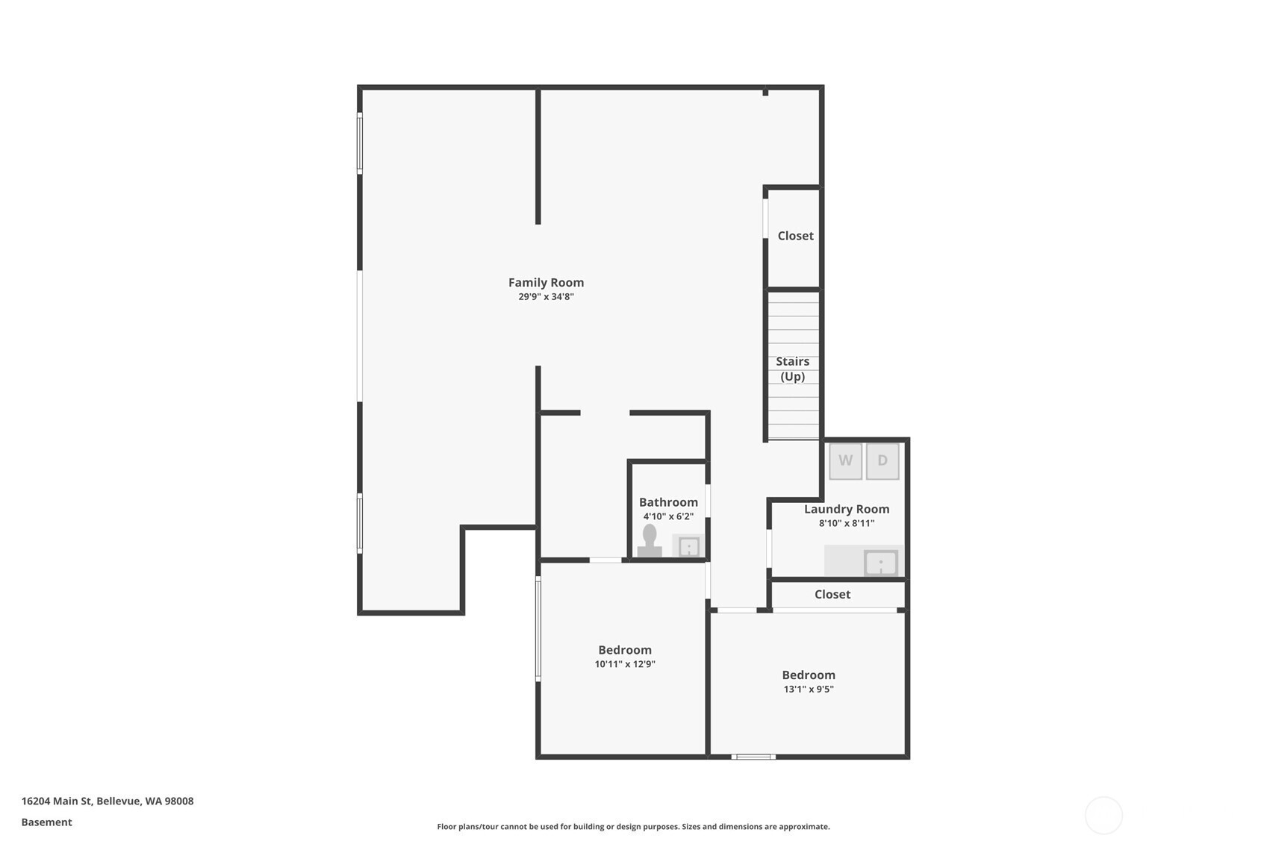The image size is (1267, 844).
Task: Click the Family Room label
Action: click(546, 282)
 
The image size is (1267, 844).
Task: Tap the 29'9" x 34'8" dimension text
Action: click(546, 297)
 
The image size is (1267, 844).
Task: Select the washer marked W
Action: click(846, 460)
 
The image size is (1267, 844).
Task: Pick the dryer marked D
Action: click(882, 460)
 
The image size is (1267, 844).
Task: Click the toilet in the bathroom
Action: click(650, 540)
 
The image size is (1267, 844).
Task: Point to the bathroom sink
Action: click(689, 547)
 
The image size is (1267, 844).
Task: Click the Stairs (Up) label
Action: click(792, 369)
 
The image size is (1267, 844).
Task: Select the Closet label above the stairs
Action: click(795, 236)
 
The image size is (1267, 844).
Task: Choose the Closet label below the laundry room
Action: click(832, 594)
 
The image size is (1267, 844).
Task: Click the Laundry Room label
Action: click(847, 510)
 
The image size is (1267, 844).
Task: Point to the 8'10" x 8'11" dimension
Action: click(847, 523)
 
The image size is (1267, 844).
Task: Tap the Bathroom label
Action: click(668, 502)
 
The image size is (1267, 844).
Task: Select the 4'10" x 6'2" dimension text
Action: click(668, 516)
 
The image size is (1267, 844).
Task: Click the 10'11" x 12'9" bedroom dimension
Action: click(625, 664)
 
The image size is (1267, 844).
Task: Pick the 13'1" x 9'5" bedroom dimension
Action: click(809, 689)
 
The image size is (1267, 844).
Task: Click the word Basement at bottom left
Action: click(47, 822)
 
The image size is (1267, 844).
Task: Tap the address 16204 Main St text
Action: click(57, 801)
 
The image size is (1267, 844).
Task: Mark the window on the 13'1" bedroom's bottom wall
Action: click(753, 757)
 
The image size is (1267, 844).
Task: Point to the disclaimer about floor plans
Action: click(633, 827)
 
